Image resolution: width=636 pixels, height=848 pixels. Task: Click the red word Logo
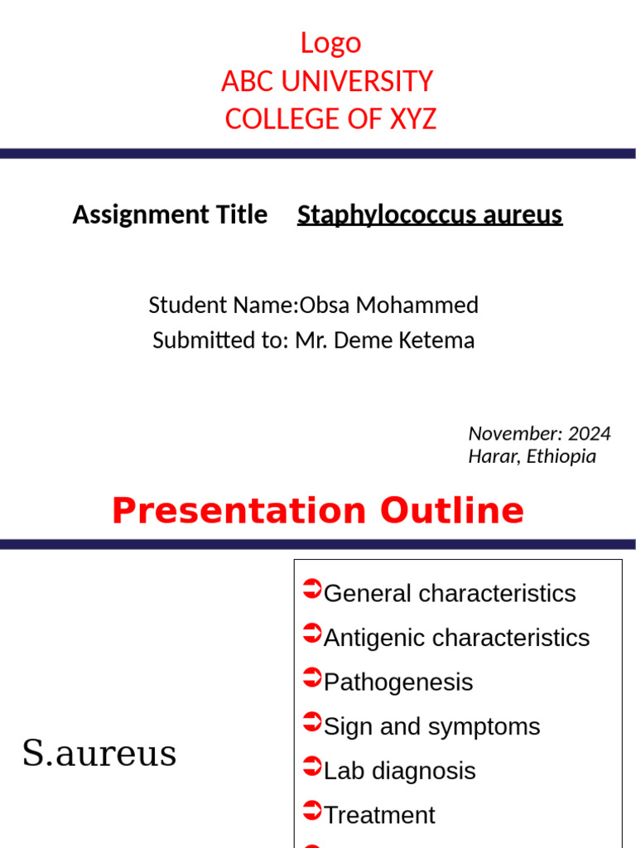[330, 43]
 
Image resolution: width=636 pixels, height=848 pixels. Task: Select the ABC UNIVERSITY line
[327, 81]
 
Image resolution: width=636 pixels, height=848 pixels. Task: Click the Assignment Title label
[170, 214]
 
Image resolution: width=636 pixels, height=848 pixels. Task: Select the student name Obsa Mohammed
[389, 305]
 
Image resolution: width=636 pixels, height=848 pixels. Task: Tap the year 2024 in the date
[590, 433]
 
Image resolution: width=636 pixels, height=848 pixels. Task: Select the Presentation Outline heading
[318, 511]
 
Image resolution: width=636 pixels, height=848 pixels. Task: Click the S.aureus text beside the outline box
[99, 754]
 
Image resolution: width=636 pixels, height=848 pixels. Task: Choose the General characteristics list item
[450, 593]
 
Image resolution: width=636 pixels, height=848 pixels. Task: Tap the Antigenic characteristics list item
[456, 638]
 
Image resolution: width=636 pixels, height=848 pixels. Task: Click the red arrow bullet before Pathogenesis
[312, 679]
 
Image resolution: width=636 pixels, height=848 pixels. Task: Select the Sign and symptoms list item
[431, 726]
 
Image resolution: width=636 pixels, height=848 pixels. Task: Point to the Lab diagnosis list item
[399, 771]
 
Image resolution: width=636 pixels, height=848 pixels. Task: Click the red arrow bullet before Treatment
[312, 812]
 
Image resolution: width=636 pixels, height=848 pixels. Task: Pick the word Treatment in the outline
[379, 815]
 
